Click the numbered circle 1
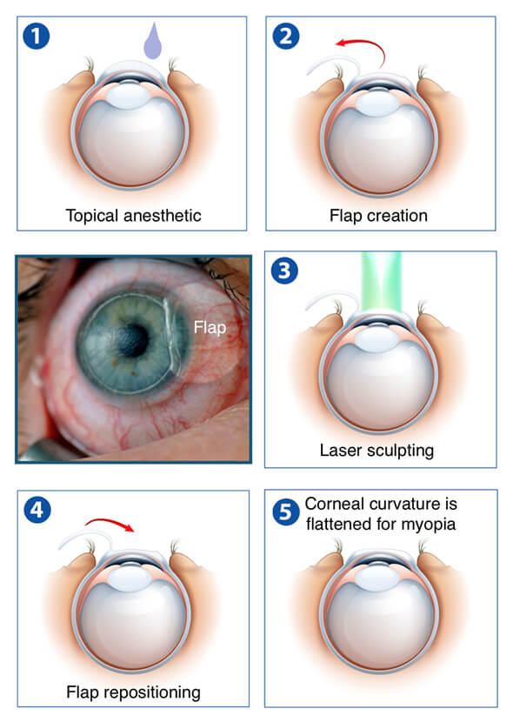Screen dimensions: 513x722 [36, 36]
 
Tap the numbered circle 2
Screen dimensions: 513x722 [286, 36]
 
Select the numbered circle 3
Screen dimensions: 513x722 [284, 271]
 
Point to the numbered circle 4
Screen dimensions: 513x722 [37, 510]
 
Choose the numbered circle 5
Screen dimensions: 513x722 [286, 511]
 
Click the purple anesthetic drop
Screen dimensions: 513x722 [153, 42]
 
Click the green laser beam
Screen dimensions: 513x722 [382, 282]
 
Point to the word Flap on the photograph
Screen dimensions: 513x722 [210, 327]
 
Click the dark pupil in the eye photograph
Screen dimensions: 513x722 [134, 340]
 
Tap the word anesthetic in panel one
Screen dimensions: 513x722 [163, 216]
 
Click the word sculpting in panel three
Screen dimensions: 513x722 [400, 451]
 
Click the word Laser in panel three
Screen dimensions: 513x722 [341, 450]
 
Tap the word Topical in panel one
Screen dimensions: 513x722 [92, 216]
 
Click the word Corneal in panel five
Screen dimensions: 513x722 [334, 504]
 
